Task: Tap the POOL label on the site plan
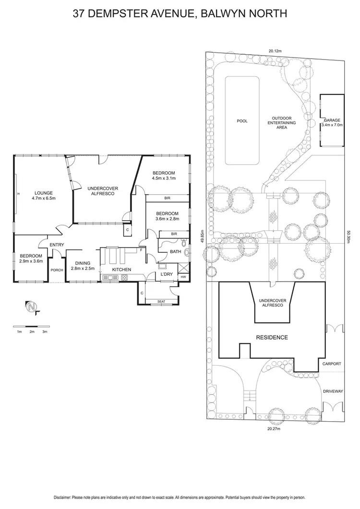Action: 242,121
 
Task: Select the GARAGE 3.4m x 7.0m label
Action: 332,122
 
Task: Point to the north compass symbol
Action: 32,307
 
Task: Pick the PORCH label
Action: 57,270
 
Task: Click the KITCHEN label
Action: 122,270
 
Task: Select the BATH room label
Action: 175,251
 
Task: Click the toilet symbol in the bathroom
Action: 186,250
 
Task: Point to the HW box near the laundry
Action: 183,277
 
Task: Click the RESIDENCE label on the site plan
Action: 272,337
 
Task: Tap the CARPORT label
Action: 332,364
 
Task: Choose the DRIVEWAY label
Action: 333,391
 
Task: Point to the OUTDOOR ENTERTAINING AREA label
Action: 282,123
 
